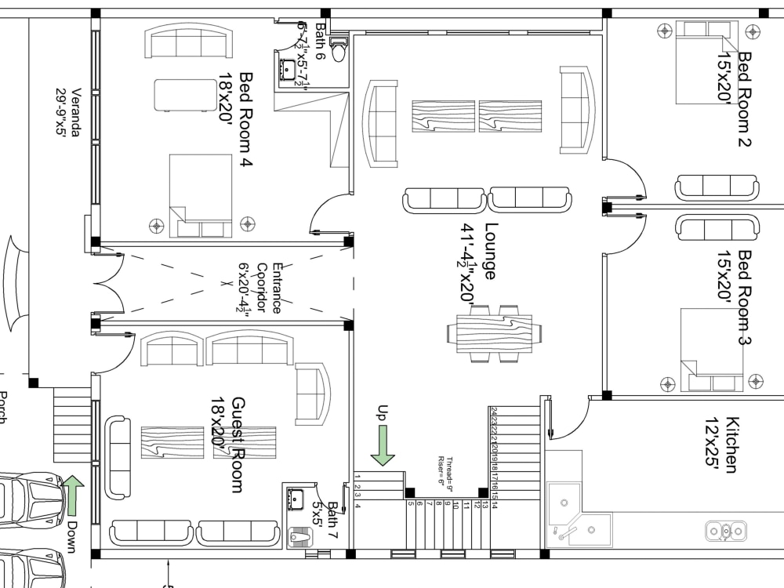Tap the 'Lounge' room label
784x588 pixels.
pyautogui.click(x=491, y=252)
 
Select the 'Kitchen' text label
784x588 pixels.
pyautogui.click(x=731, y=445)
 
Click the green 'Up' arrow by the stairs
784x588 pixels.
pyautogui.click(x=383, y=446)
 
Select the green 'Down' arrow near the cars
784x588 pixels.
pyautogui.click(x=73, y=495)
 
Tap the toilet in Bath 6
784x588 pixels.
pyautogui.click(x=339, y=49)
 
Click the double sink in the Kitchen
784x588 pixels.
pyautogui.click(x=726, y=532)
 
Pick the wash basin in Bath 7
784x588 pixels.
pyautogui.click(x=296, y=499)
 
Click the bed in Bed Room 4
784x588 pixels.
pyautogui.click(x=201, y=195)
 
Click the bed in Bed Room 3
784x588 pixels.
pyautogui.click(x=711, y=350)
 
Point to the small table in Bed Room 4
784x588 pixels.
pyautogui.click(x=185, y=95)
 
